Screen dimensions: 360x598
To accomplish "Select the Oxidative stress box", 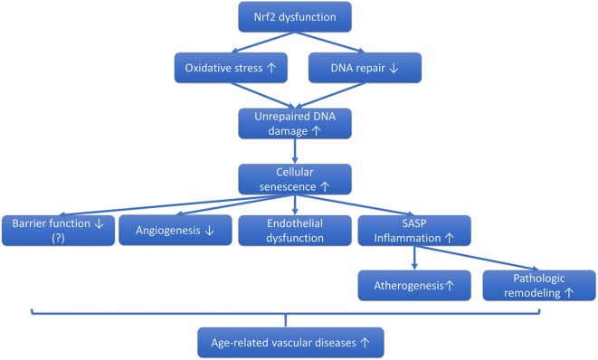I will click(232, 67).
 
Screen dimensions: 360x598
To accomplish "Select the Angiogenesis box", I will click(175, 230).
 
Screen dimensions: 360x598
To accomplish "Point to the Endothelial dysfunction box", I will click(292, 230).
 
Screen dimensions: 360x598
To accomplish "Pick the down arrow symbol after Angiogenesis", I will click(210, 230).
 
